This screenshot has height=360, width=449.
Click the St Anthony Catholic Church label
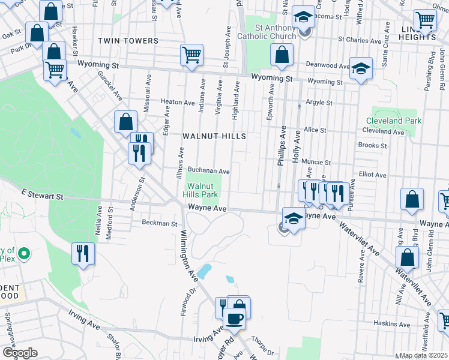pyautogui.click(x=276, y=32)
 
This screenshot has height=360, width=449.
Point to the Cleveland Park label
pyautogui.click(x=394, y=121)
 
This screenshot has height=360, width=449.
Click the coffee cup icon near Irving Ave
pyautogui.click(x=234, y=319)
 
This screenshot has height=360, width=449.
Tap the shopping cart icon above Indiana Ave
pyautogui.click(x=191, y=55)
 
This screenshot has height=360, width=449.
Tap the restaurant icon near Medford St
pyautogui.click(x=83, y=254)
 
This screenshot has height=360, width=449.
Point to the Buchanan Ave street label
pyautogui.click(x=209, y=171)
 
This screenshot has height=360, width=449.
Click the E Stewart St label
pyautogui.click(x=42, y=196)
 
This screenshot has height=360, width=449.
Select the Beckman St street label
pyautogui.click(x=160, y=223)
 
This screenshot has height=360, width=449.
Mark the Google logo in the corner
pyautogui.click(x=19, y=353)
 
